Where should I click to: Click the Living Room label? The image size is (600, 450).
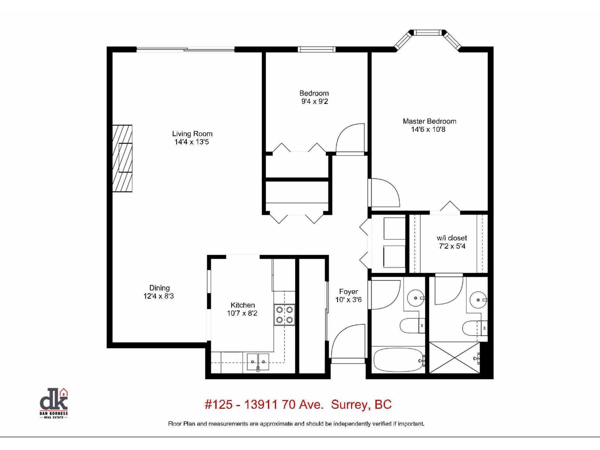point(192,134)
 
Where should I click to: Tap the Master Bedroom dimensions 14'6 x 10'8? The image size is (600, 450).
point(428,130)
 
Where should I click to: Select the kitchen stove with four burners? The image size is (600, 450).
point(284,315)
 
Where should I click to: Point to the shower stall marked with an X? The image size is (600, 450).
point(454,357)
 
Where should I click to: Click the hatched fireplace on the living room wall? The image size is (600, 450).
point(123,158)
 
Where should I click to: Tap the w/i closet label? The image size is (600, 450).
point(452,238)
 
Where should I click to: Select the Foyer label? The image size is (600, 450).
point(348,291)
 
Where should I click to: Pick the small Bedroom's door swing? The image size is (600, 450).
point(351,139)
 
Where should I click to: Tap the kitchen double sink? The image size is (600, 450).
point(258,362)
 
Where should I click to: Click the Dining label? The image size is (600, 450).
point(159,288)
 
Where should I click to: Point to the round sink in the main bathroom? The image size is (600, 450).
point(416,298)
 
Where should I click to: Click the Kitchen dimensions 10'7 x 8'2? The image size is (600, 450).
point(242,313)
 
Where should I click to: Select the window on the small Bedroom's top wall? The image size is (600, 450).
point(316,49)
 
